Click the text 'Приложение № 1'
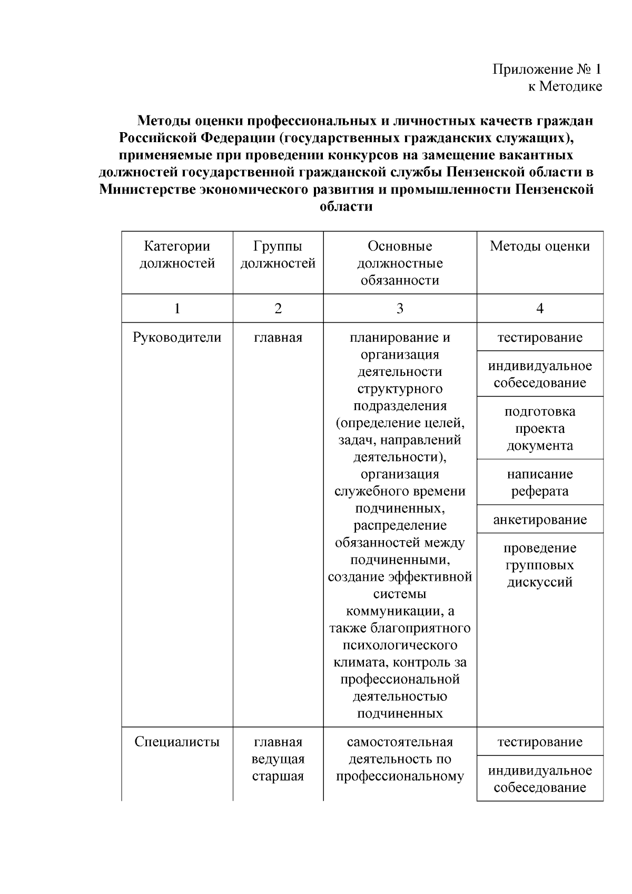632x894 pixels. coord(547,69)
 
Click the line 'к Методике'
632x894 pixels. coord(565,86)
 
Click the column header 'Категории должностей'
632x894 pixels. coord(177,255)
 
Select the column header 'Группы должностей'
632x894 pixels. coord(278,255)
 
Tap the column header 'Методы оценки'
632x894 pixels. coord(539,246)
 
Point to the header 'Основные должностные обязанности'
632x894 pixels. coord(400,263)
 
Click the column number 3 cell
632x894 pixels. coord(400,309)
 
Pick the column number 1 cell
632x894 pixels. coord(177,309)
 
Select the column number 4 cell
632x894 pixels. coord(539,309)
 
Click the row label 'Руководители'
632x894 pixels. coord(177,337)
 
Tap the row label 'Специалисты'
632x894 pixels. coord(177,742)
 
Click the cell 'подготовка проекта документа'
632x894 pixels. coord(539,429)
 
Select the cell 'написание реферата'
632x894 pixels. coord(539,483)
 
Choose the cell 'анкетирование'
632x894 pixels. coord(539,520)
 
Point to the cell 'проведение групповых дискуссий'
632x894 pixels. coord(539,565)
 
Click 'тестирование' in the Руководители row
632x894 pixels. coord(539,337)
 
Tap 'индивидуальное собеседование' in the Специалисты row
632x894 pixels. coord(539,779)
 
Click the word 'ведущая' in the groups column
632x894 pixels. coord(278,759)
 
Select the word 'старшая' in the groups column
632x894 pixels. coord(278,777)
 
